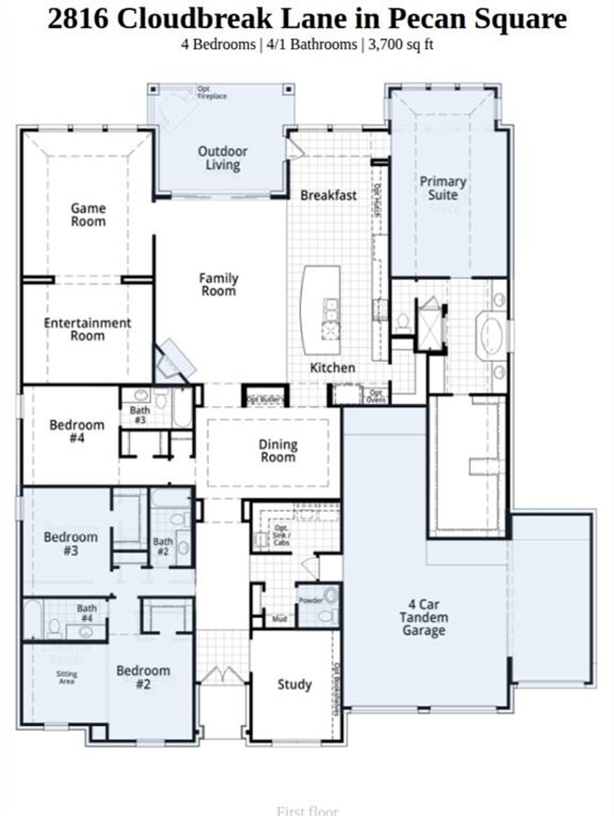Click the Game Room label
point(89,214)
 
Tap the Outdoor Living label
point(223,158)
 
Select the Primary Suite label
point(442,188)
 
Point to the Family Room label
point(218,284)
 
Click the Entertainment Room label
point(87,329)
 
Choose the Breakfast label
point(329,195)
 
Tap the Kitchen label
point(333,367)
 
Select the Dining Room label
point(278,450)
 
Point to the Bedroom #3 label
point(70,544)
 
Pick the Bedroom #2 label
point(143,677)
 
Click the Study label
point(294,684)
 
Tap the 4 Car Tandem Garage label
point(424,617)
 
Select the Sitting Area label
point(67,678)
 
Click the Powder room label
point(310,600)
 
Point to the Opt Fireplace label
point(211,93)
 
